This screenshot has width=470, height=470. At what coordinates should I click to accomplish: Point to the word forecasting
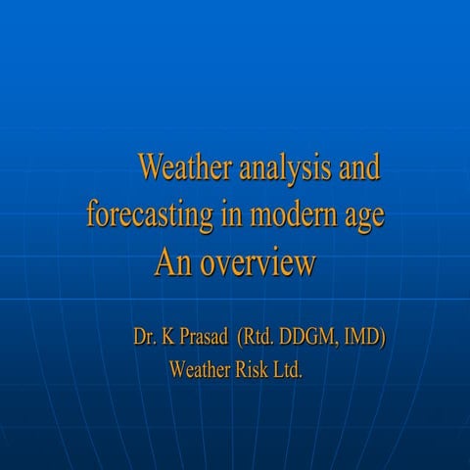148,214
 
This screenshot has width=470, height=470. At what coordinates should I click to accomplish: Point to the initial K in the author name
170,338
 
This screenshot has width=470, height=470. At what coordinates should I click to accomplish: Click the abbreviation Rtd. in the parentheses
260,338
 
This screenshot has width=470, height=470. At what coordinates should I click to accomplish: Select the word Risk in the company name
256,371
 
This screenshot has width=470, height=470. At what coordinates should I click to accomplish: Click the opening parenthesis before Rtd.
241,339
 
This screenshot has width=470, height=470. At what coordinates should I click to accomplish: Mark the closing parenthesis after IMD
384,339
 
